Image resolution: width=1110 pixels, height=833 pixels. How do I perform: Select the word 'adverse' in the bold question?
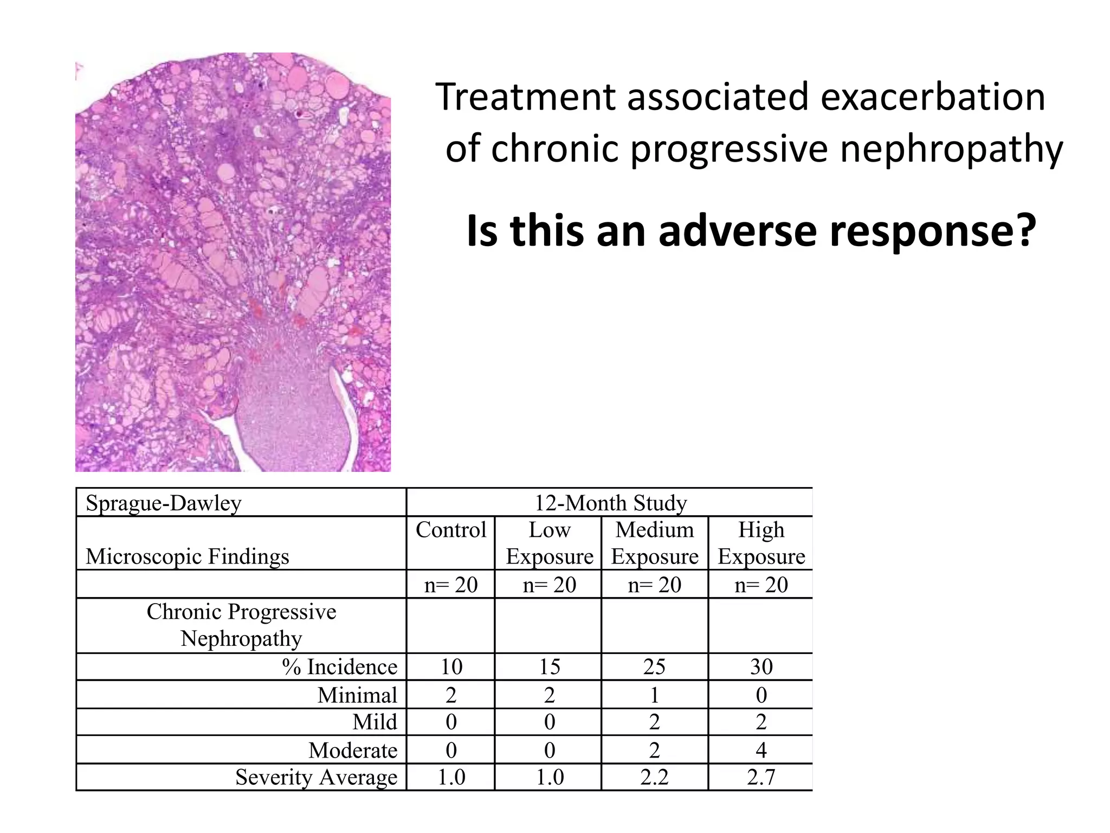[738, 231]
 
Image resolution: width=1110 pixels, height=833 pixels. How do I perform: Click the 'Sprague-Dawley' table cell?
[164, 503]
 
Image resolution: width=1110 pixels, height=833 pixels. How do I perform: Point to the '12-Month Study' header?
[610, 503]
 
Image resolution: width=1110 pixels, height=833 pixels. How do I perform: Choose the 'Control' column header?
[451, 530]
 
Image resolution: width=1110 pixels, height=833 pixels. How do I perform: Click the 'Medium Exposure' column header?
[655, 543]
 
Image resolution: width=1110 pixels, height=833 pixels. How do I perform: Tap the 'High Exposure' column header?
[761, 543]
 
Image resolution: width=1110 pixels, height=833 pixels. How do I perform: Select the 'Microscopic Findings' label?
[188, 556]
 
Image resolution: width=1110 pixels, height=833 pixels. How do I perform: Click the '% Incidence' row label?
[339, 667]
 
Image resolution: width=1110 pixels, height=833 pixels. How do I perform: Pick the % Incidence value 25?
[654, 667]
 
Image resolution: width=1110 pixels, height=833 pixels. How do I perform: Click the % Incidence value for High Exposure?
[761, 667]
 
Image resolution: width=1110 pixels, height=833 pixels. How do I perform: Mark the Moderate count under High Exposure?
[761, 750]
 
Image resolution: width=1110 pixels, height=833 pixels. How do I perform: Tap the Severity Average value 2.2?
[654, 778]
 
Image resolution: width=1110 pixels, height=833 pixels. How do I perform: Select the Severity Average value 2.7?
[761, 778]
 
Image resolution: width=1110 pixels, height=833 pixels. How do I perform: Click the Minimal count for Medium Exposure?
[654, 695]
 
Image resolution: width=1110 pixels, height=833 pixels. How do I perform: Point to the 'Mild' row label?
[375, 722]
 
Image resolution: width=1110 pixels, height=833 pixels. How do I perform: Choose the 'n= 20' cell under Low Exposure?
[549, 585]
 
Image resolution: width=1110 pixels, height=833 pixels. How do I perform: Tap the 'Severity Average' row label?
[316, 778]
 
